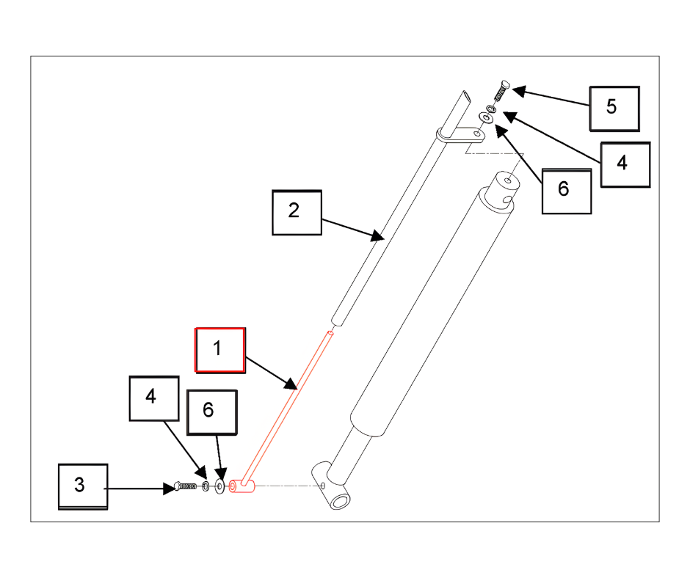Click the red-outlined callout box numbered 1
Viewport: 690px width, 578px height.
click(220, 350)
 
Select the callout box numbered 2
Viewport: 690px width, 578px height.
click(297, 213)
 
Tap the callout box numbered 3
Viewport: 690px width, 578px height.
click(83, 486)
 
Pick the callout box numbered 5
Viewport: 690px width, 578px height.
click(614, 109)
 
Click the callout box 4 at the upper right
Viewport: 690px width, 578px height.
click(625, 164)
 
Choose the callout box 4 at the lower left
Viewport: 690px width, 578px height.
click(154, 398)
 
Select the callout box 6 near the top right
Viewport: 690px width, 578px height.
click(567, 191)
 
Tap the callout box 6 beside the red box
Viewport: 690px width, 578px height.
click(212, 413)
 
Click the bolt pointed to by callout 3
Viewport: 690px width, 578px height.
click(185, 486)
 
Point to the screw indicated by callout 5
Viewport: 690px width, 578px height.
click(501, 90)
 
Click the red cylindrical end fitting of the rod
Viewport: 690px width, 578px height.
click(241, 486)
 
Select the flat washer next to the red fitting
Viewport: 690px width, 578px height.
click(219, 486)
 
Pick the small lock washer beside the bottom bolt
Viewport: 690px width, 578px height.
click(206, 486)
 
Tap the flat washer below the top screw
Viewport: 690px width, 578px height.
click(486, 118)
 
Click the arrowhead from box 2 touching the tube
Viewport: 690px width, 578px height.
click(377, 235)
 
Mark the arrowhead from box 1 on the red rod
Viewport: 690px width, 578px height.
click(291, 384)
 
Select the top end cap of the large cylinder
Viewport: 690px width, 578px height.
click(504, 189)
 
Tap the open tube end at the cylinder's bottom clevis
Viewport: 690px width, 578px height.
click(340, 501)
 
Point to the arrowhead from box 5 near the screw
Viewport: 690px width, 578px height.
click(519, 91)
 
